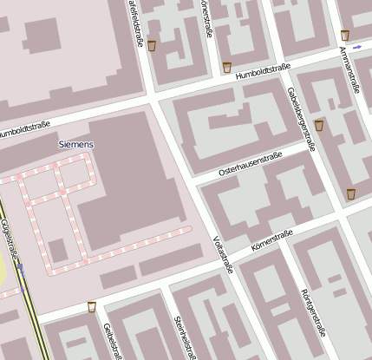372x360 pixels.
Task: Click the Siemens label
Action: pos(75,144)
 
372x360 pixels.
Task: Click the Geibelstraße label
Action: pos(109,340)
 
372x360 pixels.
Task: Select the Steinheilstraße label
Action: pos(182,337)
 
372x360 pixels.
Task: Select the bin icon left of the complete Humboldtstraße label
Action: pos(227,67)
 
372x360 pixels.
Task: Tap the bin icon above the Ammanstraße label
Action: pos(345,36)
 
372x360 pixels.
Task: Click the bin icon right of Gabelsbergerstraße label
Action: pos(319,126)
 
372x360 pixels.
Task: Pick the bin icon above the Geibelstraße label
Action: pos(91,306)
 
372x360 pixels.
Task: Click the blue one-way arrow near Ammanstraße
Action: pos(356,49)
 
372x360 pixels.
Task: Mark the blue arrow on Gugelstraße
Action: pos(20,268)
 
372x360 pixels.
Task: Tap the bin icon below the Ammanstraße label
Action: pos(351,193)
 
